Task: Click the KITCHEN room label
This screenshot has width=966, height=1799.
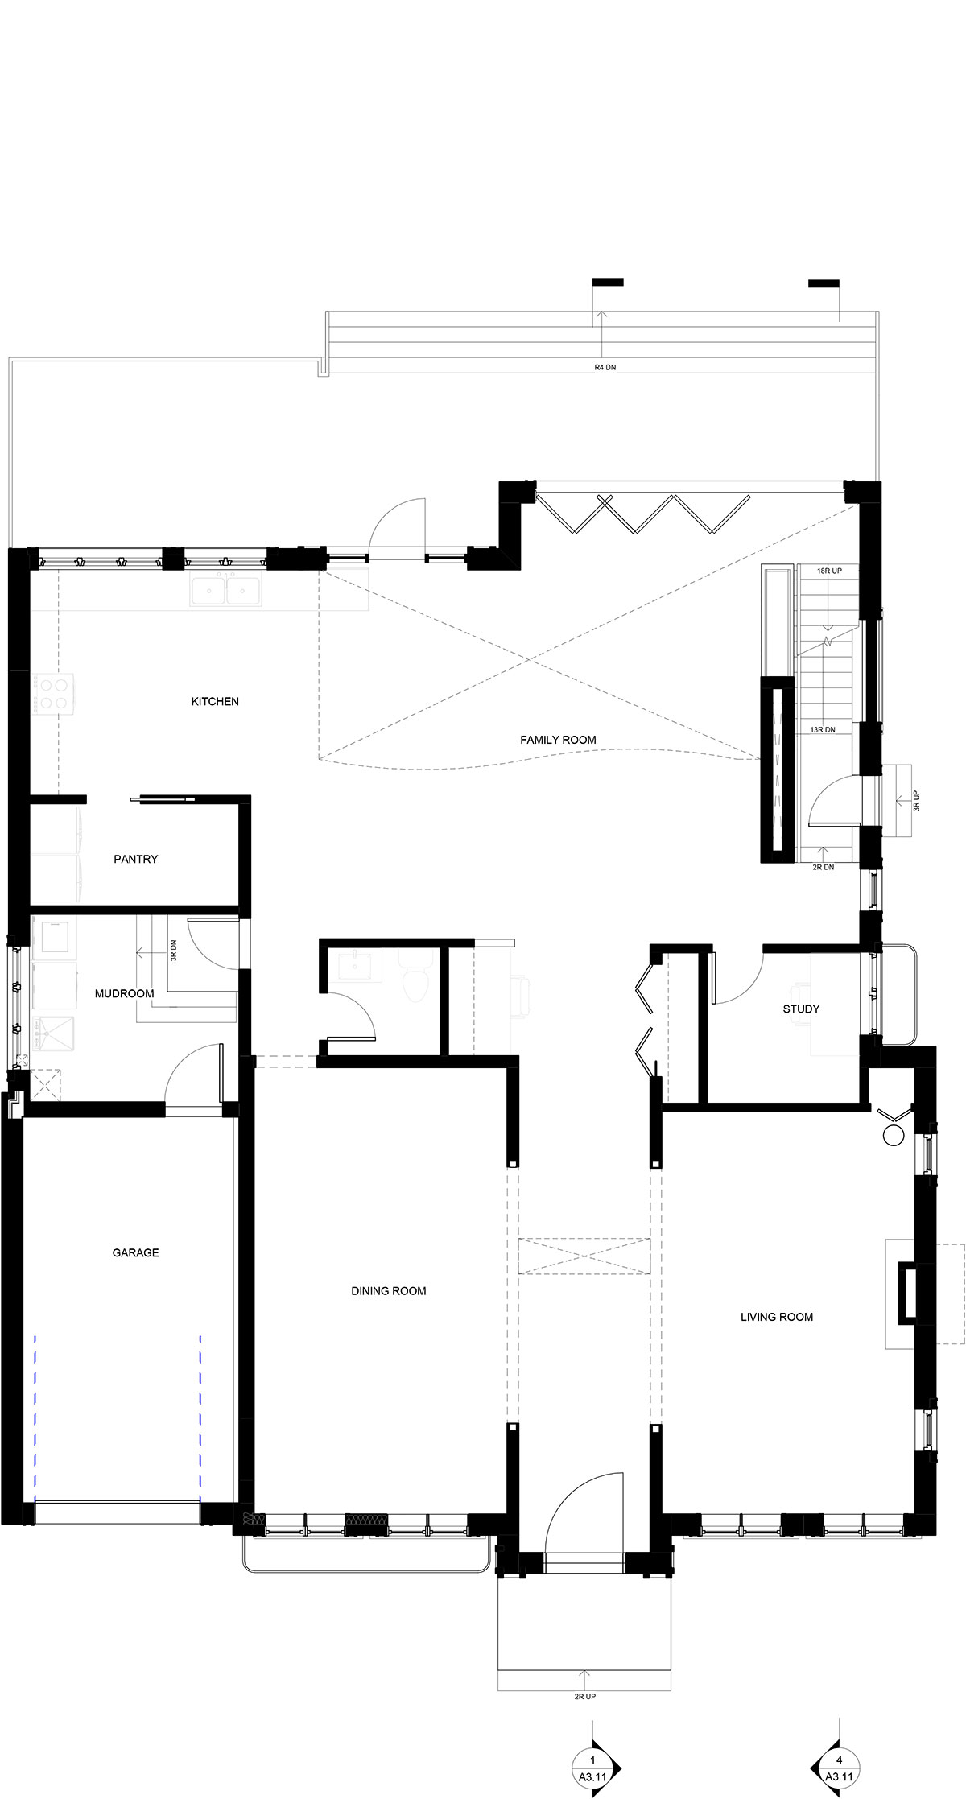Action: (x=215, y=701)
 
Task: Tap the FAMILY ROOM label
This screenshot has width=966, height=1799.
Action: (x=558, y=739)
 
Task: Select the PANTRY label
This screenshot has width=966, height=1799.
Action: (x=135, y=859)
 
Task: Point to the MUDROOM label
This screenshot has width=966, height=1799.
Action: (x=124, y=993)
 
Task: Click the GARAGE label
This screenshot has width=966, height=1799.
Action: (x=135, y=1252)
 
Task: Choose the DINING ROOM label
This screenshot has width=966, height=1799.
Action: (x=388, y=1290)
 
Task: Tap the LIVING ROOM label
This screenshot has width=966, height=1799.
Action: (x=776, y=1317)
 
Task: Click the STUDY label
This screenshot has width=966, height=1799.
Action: (x=801, y=1009)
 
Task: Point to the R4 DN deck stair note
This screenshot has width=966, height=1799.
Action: (x=605, y=367)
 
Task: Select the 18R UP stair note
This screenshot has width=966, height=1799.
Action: (x=828, y=571)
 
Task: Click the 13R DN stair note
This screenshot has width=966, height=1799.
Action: (x=823, y=729)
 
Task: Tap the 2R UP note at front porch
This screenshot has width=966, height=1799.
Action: (x=584, y=1696)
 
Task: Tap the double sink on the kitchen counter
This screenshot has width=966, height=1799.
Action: (x=226, y=590)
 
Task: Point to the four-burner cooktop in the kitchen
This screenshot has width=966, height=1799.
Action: (x=53, y=694)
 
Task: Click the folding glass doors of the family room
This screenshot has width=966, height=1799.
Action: (x=641, y=513)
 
